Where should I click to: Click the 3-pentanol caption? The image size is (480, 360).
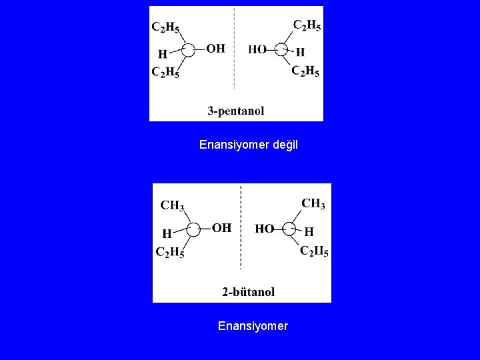coord(236,111)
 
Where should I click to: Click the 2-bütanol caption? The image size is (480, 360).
coord(247,291)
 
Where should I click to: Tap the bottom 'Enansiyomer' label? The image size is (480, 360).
coord(253,326)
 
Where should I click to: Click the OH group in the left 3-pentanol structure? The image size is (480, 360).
coord(215,48)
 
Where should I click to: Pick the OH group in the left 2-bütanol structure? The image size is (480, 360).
coord(221,228)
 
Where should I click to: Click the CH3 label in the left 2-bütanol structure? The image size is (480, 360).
coord(172,205)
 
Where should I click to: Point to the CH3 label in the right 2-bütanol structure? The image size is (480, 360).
coord(313,203)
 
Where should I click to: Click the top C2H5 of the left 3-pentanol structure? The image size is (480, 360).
coord(165,27)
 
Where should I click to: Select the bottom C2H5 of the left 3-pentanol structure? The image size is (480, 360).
coord(165,72)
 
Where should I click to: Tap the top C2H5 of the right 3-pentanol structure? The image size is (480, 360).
coord(308,25)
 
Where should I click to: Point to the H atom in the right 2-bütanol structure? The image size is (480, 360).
coord(309,232)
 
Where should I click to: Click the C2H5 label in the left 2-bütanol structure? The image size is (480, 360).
coord(169,252)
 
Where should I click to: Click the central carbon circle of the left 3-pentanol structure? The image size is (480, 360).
coord(189,49)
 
